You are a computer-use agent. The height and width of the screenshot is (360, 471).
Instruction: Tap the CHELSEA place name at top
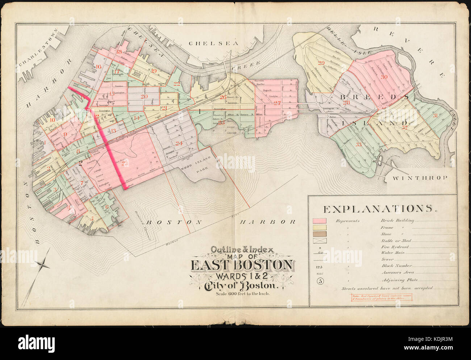pos(214,43)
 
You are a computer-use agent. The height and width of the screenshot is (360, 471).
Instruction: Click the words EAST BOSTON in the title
pos(242,265)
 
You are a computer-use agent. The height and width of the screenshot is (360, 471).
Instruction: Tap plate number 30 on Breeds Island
pos(384,76)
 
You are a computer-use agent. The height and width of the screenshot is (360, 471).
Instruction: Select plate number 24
pos(179,143)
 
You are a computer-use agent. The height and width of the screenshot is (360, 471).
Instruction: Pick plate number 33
pos(358,145)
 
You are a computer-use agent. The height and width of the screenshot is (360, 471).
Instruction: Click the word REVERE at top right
pos(413,51)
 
